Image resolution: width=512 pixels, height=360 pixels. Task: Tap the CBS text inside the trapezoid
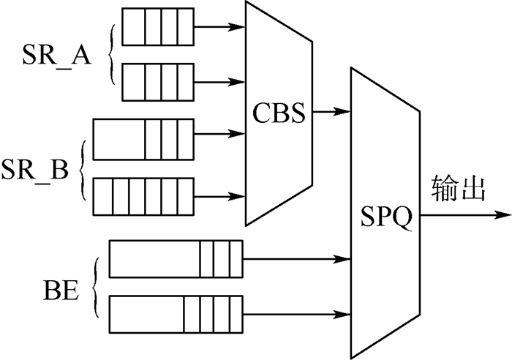(x=279, y=114)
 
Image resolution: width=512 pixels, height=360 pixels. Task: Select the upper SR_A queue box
(x=157, y=26)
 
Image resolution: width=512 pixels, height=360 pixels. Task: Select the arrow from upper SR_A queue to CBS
(x=219, y=27)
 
